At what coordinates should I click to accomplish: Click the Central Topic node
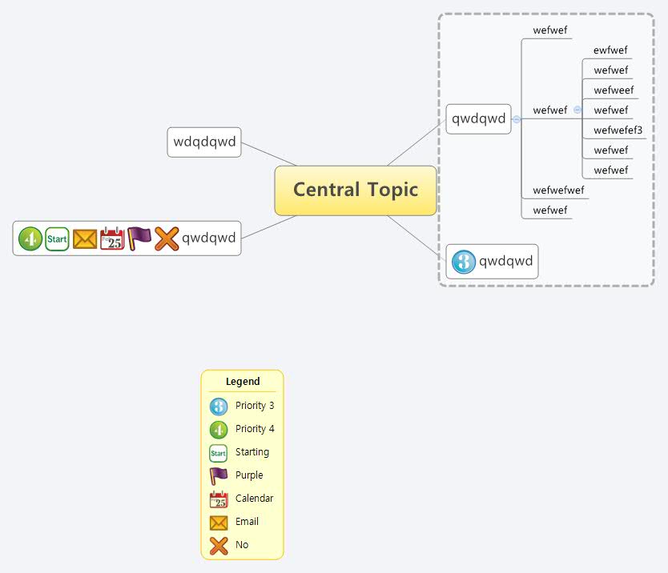[355, 190]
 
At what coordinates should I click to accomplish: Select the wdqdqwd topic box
[204, 142]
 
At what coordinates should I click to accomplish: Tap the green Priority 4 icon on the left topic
[30, 238]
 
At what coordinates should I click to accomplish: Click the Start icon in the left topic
[57, 238]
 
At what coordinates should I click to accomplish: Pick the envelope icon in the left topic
[84, 238]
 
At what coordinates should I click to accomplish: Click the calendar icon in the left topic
[112, 238]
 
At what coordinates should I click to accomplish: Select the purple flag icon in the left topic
[139, 238]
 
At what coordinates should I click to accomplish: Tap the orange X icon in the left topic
[167, 238]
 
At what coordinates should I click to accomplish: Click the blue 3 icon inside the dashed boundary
[464, 262]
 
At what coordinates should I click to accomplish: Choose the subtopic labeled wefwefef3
[618, 130]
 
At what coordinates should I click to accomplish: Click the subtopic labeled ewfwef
[610, 50]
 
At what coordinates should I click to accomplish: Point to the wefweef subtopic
[614, 90]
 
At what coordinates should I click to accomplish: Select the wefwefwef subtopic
[558, 190]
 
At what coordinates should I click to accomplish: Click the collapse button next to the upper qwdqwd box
[516, 119]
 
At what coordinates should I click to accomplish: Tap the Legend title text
[243, 382]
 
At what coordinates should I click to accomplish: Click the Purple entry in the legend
[248, 475]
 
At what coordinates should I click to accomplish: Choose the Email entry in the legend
[247, 522]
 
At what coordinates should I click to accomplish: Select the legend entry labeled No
[242, 545]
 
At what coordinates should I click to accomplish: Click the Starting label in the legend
[252, 452]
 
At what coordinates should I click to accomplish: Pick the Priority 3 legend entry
[254, 406]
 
